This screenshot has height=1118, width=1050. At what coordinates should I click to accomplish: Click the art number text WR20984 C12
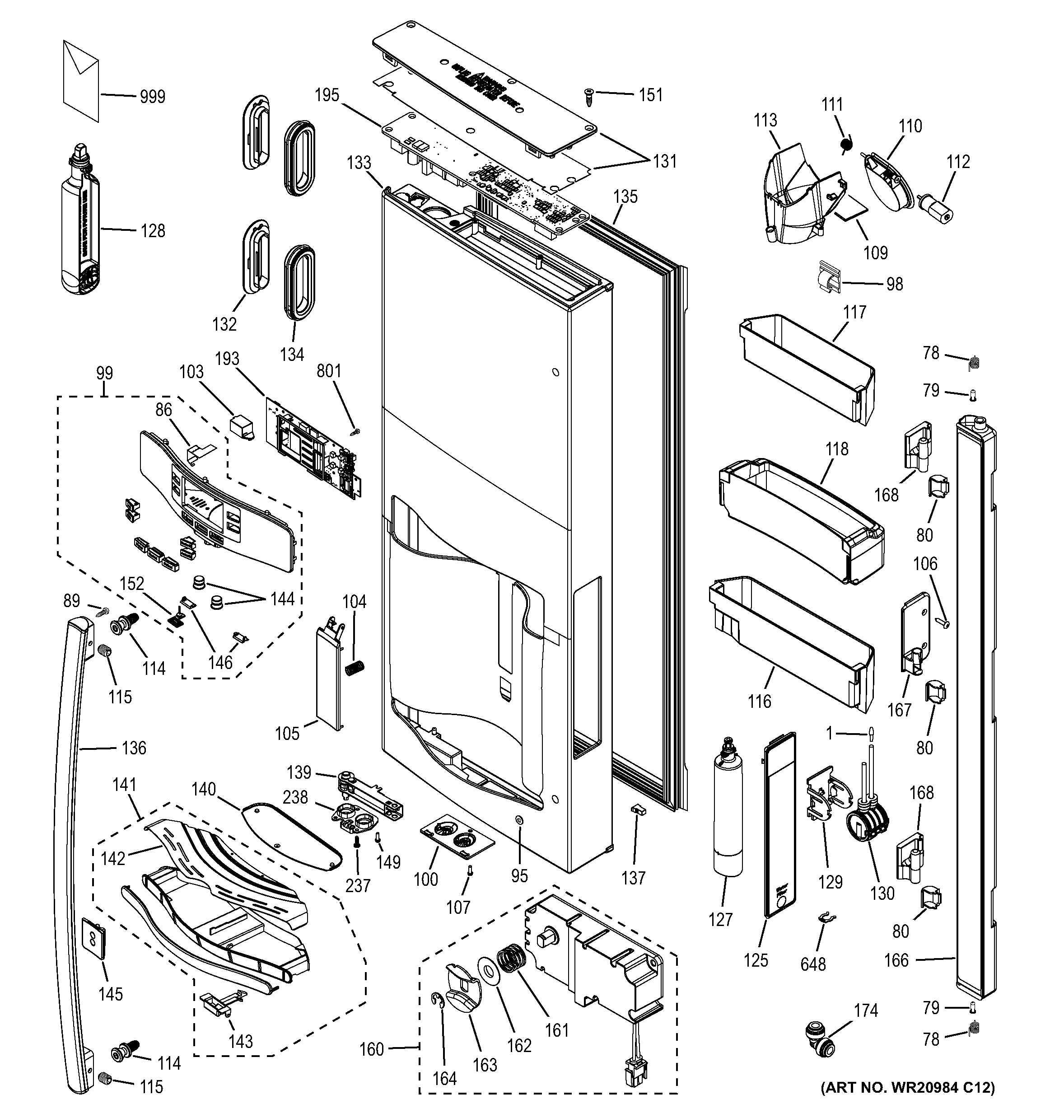[907, 1104]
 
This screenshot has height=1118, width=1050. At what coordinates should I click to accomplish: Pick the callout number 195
[327, 95]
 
